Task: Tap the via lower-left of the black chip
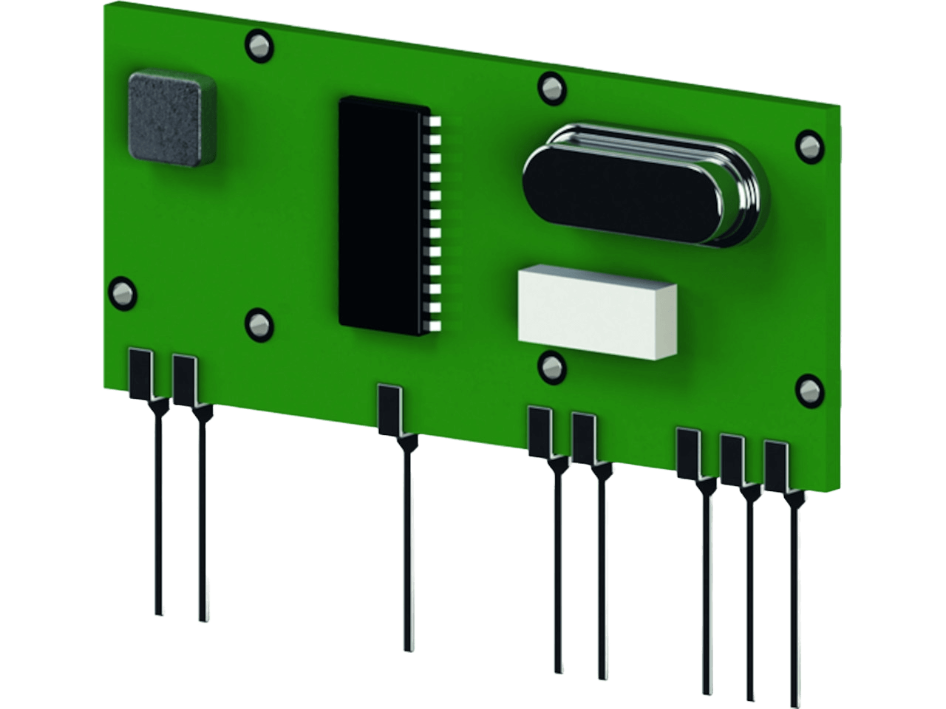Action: point(258,323)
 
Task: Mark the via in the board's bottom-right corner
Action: point(808,390)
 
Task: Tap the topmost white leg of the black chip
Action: point(435,120)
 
